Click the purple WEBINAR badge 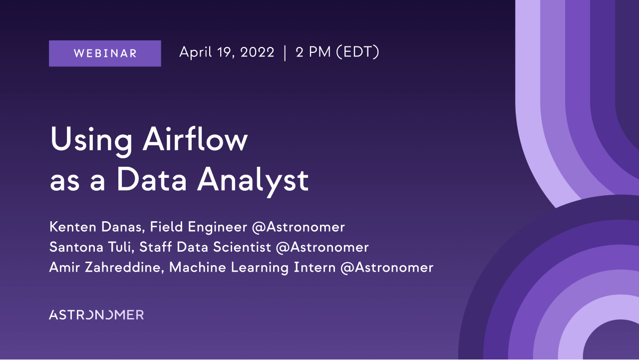pyautogui.click(x=105, y=53)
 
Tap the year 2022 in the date pyautogui.click(x=257, y=52)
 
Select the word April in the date pyautogui.click(x=195, y=52)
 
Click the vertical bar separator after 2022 pyautogui.click(x=285, y=53)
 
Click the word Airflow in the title pyautogui.click(x=195, y=139)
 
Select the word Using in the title pyautogui.click(x=91, y=141)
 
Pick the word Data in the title pyautogui.click(x=152, y=179)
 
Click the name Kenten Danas pyautogui.click(x=95, y=227)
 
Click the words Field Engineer pyautogui.click(x=199, y=228)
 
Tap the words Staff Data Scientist pyautogui.click(x=205, y=247)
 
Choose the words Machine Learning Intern pyautogui.click(x=253, y=268)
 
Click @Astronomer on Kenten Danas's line pyautogui.click(x=299, y=227)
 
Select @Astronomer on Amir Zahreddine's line pyautogui.click(x=387, y=268)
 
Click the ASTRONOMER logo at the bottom pyautogui.click(x=96, y=315)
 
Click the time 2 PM pyautogui.click(x=313, y=52)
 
